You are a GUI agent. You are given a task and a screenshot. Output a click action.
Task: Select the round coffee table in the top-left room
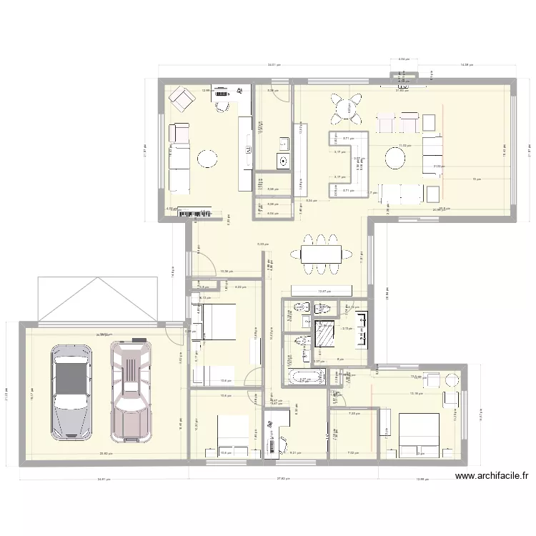coord(208,157)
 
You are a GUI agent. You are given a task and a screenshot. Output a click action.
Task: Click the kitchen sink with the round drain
coord(284,161)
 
